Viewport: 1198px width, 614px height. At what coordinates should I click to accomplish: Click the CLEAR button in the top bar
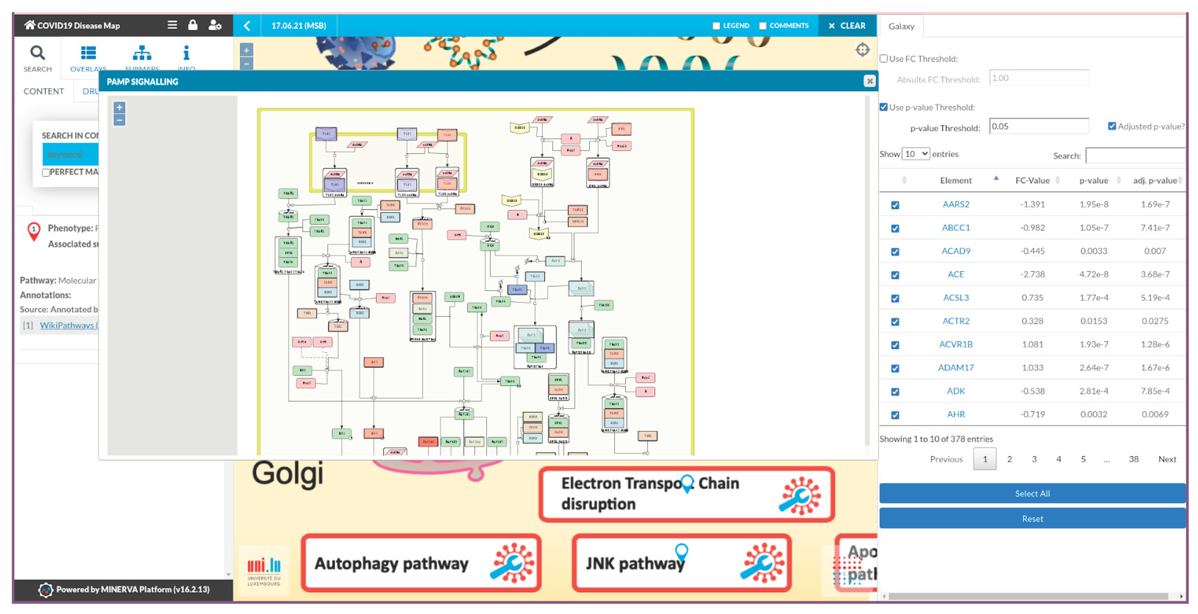pos(847,26)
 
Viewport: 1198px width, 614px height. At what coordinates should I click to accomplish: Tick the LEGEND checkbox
pos(716,26)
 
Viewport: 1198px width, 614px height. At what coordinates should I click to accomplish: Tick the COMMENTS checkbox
pos(763,26)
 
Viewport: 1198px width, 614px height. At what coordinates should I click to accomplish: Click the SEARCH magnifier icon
pos(38,53)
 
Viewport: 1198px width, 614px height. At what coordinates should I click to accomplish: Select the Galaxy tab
pos(901,26)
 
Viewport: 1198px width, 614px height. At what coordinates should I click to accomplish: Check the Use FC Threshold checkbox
pos(884,59)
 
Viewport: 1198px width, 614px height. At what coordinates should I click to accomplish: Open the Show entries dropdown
pos(915,153)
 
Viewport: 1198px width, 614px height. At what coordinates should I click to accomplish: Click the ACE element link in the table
pos(956,274)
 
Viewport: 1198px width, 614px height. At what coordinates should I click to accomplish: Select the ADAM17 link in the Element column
pos(956,367)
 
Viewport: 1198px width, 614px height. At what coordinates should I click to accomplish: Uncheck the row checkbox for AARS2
pos(895,205)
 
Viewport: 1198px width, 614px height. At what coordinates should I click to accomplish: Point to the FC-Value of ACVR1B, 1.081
pos(1032,344)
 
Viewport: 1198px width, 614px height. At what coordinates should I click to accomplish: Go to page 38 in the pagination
pos(1133,459)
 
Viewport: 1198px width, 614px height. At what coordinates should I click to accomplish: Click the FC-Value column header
pos(1032,180)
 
